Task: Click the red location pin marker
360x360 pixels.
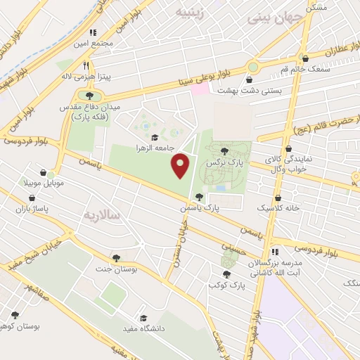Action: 181,166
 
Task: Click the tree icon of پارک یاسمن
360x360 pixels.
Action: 200,197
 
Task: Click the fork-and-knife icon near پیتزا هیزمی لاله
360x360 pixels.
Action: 86,64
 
